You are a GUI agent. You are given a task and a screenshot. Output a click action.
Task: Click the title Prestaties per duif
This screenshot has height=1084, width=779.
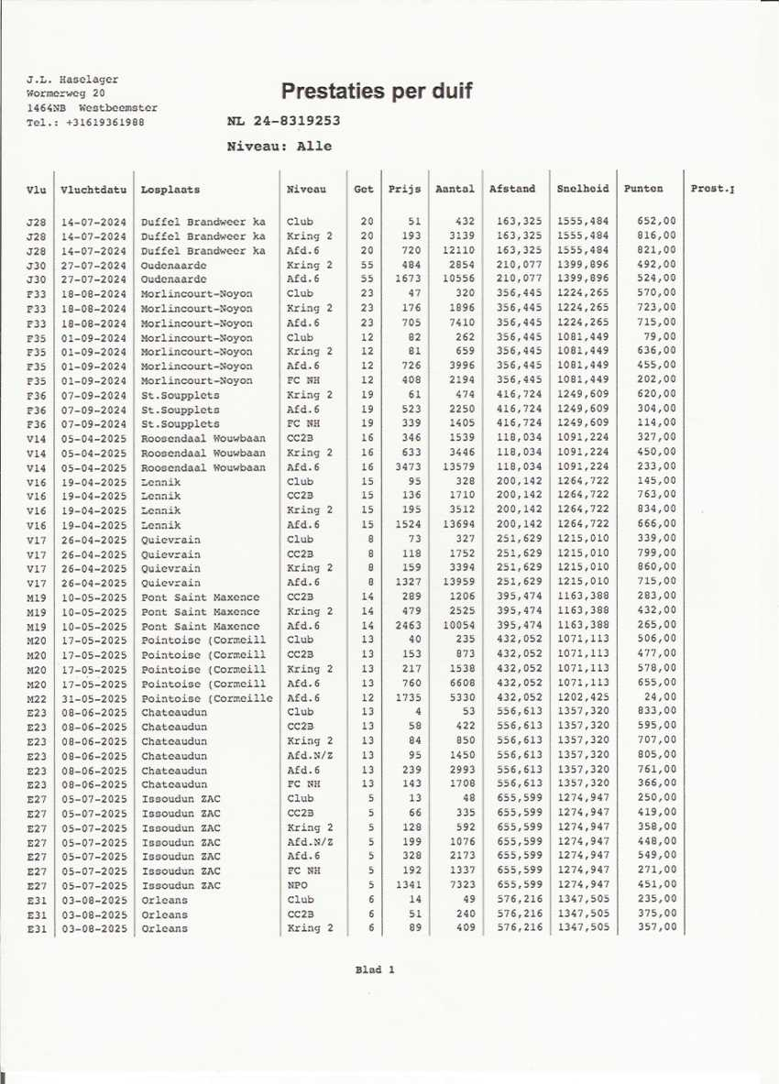tap(377, 92)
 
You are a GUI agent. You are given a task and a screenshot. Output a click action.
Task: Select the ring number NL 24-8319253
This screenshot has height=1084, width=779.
tap(283, 120)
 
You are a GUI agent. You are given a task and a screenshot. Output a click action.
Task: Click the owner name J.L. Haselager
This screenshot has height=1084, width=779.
tap(72, 80)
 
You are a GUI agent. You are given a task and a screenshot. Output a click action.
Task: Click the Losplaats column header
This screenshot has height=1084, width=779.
tap(170, 190)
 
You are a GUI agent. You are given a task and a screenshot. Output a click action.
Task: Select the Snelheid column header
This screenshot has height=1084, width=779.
tap(582, 190)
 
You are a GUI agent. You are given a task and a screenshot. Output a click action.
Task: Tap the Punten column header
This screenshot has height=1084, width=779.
tap(643, 190)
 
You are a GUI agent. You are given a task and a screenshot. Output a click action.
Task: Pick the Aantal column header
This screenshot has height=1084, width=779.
tap(455, 190)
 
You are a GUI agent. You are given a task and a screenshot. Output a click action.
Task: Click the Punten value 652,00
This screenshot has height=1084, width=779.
tap(657, 222)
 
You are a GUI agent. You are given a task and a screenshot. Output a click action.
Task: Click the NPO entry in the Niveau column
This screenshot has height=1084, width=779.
tap(297, 886)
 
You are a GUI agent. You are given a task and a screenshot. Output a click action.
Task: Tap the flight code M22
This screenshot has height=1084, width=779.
tap(37, 699)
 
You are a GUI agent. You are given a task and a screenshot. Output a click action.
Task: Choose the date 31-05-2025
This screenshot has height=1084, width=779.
tap(93, 699)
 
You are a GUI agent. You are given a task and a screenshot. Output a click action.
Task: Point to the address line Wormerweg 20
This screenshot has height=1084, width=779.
tap(66, 93)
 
